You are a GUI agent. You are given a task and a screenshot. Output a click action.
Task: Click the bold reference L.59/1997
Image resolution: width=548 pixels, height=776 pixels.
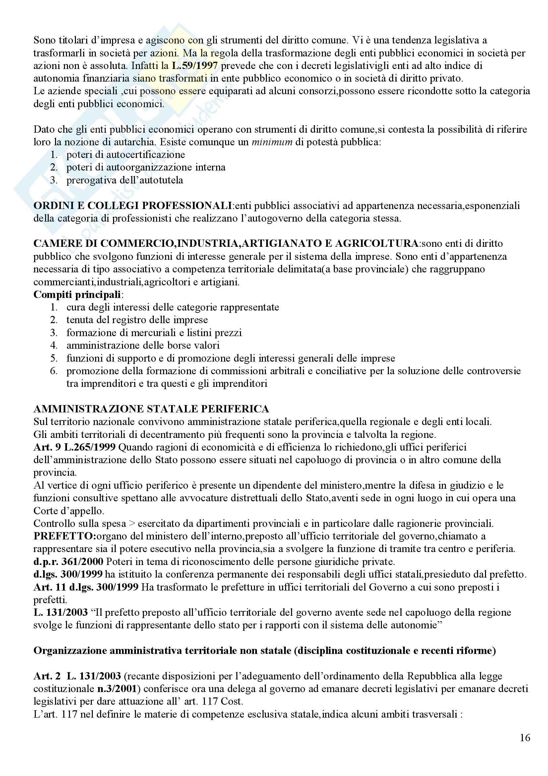point(195,66)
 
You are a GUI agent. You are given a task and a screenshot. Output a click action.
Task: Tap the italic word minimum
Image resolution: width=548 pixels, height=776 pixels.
point(272,142)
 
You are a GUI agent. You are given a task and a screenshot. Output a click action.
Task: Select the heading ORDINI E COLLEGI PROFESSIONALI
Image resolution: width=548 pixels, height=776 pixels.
point(133,205)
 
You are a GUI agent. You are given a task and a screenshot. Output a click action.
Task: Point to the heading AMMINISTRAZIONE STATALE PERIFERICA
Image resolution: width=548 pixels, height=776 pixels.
point(151,409)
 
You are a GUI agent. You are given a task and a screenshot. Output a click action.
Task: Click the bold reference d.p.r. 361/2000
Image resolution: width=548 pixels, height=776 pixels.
point(68,562)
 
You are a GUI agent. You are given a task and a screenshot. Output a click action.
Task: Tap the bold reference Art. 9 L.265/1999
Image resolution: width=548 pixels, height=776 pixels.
point(74,447)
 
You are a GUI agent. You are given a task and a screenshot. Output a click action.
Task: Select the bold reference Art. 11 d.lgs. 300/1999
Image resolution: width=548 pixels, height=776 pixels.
point(86,587)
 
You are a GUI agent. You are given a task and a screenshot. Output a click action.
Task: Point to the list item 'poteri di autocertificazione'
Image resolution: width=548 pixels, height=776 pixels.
point(126,155)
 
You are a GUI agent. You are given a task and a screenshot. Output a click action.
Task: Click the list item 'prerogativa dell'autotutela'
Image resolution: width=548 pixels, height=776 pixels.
point(125,180)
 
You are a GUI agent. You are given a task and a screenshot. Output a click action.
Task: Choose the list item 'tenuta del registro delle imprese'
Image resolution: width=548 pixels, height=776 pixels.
point(137,320)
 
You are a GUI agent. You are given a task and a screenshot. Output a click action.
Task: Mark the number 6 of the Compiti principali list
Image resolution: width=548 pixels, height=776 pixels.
point(53,371)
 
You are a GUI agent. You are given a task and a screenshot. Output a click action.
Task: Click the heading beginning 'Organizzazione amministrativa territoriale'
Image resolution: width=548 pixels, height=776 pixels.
point(264,651)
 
